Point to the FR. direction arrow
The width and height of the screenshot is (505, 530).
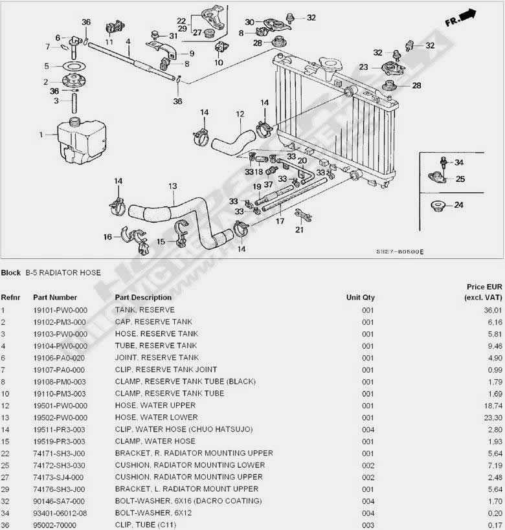(460, 19)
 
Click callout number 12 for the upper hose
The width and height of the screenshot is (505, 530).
(240, 115)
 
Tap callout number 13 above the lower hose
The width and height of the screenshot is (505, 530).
(172, 186)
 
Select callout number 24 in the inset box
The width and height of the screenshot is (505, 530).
(458, 206)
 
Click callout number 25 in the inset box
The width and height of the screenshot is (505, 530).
(460, 179)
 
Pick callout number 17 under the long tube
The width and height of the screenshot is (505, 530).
(280, 221)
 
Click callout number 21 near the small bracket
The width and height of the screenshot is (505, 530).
(299, 229)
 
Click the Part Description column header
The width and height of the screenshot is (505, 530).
(143, 298)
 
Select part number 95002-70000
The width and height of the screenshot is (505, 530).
(55, 525)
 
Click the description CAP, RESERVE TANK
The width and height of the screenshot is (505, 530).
(153, 322)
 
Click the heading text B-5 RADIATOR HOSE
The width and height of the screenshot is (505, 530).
(63, 272)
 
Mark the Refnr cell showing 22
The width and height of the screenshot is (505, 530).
(5, 453)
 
